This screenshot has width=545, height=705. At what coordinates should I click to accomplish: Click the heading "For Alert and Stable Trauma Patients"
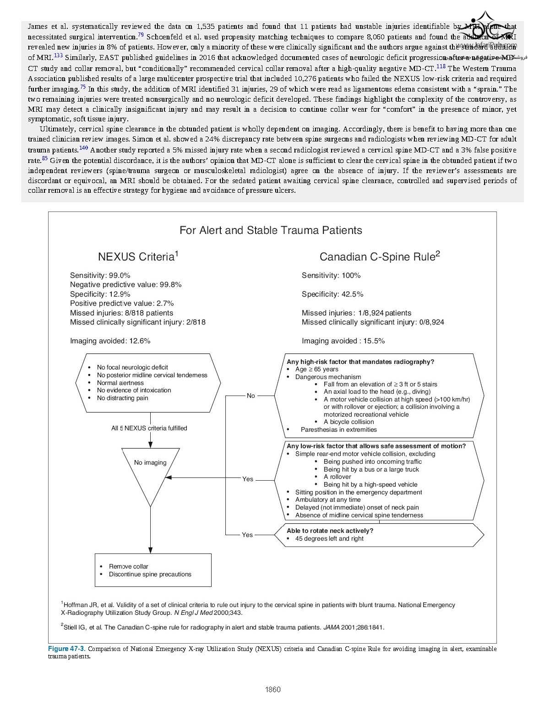[x=271, y=230]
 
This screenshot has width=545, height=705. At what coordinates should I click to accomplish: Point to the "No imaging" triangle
[x=150, y=463]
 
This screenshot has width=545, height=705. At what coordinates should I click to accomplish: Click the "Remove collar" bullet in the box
[x=129, y=566]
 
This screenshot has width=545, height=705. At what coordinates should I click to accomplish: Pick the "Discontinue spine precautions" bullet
[x=150, y=574]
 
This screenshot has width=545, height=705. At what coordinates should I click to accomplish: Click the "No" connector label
[x=251, y=396]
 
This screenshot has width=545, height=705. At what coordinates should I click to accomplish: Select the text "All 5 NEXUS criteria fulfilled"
[x=149, y=428]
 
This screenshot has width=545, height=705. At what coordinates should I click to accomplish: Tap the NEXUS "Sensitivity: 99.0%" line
[x=100, y=275]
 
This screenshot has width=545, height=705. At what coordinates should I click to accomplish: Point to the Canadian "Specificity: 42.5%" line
[x=332, y=294]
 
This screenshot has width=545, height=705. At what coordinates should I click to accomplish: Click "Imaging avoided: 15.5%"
[x=343, y=341]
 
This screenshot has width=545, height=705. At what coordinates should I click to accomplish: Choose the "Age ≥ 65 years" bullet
[x=317, y=369]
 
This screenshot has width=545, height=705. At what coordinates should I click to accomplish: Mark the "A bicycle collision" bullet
[x=349, y=422]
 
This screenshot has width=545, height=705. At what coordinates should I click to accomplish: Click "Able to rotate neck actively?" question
[x=330, y=531]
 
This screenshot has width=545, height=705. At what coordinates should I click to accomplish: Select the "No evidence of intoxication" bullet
[x=134, y=390]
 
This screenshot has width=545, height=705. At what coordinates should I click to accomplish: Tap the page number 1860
[x=273, y=689]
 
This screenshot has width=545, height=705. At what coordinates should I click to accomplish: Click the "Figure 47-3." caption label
[x=67, y=649]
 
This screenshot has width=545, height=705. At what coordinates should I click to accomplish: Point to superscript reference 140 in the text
[x=83, y=147]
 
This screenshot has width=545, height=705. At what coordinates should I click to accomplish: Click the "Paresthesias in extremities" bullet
[x=339, y=429]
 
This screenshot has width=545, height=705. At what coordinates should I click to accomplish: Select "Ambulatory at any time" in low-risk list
[x=328, y=499]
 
